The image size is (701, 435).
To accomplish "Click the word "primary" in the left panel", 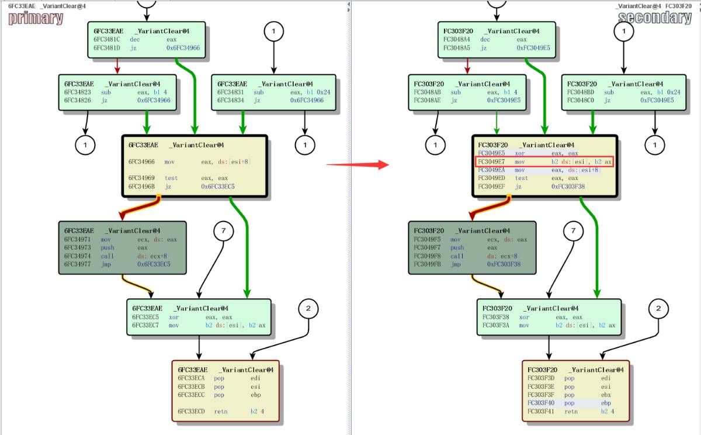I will pyautogui.click(x=36, y=18).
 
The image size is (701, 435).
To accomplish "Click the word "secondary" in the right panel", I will pyautogui.click(x=655, y=18).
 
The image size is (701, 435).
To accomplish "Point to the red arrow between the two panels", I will pyautogui.click(x=357, y=165).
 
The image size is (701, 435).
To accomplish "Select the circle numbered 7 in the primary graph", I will pyautogui.click(x=223, y=232).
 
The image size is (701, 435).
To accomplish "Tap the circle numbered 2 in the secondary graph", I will pyautogui.click(x=658, y=308).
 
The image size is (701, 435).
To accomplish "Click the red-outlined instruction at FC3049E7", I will pyautogui.click(x=544, y=161).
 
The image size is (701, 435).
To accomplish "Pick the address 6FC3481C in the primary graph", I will pyautogui.click(x=106, y=40).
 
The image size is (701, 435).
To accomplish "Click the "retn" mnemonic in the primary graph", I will pyautogui.click(x=220, y=412).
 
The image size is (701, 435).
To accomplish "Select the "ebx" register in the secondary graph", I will pyautogui.click(x=606, y=395).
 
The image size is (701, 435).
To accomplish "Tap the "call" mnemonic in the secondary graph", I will pyautogui.click(x=457, y=256).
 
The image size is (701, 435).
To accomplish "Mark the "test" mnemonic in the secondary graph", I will pyautogui.click(x=521, y=178).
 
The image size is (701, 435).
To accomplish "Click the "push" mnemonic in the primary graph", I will pyautogui.click(x=107, y=248).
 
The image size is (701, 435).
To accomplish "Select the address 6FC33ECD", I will pyautogui.click(x=191, y=412).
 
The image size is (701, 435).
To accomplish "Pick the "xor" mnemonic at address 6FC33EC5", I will pyautogui.click(x=175, y=317).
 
